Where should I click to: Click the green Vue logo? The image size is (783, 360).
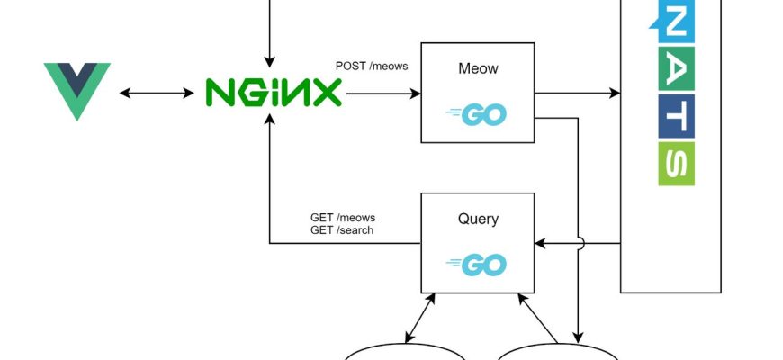77,90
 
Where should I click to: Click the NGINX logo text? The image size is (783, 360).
274,92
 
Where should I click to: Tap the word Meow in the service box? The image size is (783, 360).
478,69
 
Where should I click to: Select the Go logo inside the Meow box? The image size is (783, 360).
477,114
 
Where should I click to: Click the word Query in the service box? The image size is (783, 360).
478,219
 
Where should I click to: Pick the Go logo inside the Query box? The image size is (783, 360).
477,265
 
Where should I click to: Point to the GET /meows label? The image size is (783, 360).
343,217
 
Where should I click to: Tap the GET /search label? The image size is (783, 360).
342,230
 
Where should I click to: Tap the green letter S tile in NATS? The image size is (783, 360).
677,163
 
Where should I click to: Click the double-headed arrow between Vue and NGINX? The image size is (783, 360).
157,92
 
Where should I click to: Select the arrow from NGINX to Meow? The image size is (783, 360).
382,92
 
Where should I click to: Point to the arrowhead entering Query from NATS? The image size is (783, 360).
540,243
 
